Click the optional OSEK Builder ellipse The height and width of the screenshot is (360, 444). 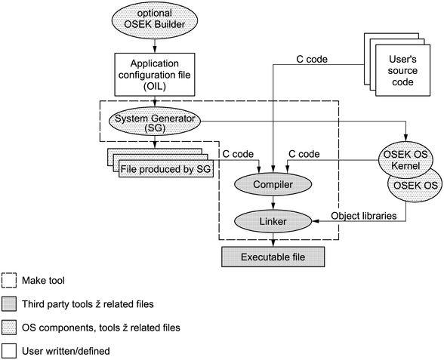(x=155, y=20)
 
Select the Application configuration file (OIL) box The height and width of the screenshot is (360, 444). (x=155, y=75)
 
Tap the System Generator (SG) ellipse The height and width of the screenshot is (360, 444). (x=155, y=122)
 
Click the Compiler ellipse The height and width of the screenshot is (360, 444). (x=273, y=184)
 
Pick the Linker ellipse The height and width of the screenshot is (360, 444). (x=273, y=221)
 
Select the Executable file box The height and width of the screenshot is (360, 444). (x=273, y=257)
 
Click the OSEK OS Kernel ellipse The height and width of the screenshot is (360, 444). (x=405, y=160)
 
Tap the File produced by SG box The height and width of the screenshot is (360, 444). (x=166, y=169)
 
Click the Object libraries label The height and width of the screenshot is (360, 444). (x=364, y=216)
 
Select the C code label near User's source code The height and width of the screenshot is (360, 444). (x=312, y=59)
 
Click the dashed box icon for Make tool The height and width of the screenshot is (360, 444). (x=9, y=281)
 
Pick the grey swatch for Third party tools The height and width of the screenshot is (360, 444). (x=9, y=304)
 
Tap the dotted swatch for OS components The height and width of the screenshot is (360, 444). (x=9, y=328)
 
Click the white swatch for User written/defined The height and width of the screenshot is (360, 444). (x=9, y=351)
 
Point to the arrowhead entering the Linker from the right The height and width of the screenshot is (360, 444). (x=315, y=221)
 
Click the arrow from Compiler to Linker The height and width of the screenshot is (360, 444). (x=273, y=203)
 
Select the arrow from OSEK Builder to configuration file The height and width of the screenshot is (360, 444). (x=155, y=45)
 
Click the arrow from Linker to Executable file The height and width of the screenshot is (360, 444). (x=273, y=240)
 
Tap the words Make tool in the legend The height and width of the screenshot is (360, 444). (x=43, y=281)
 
